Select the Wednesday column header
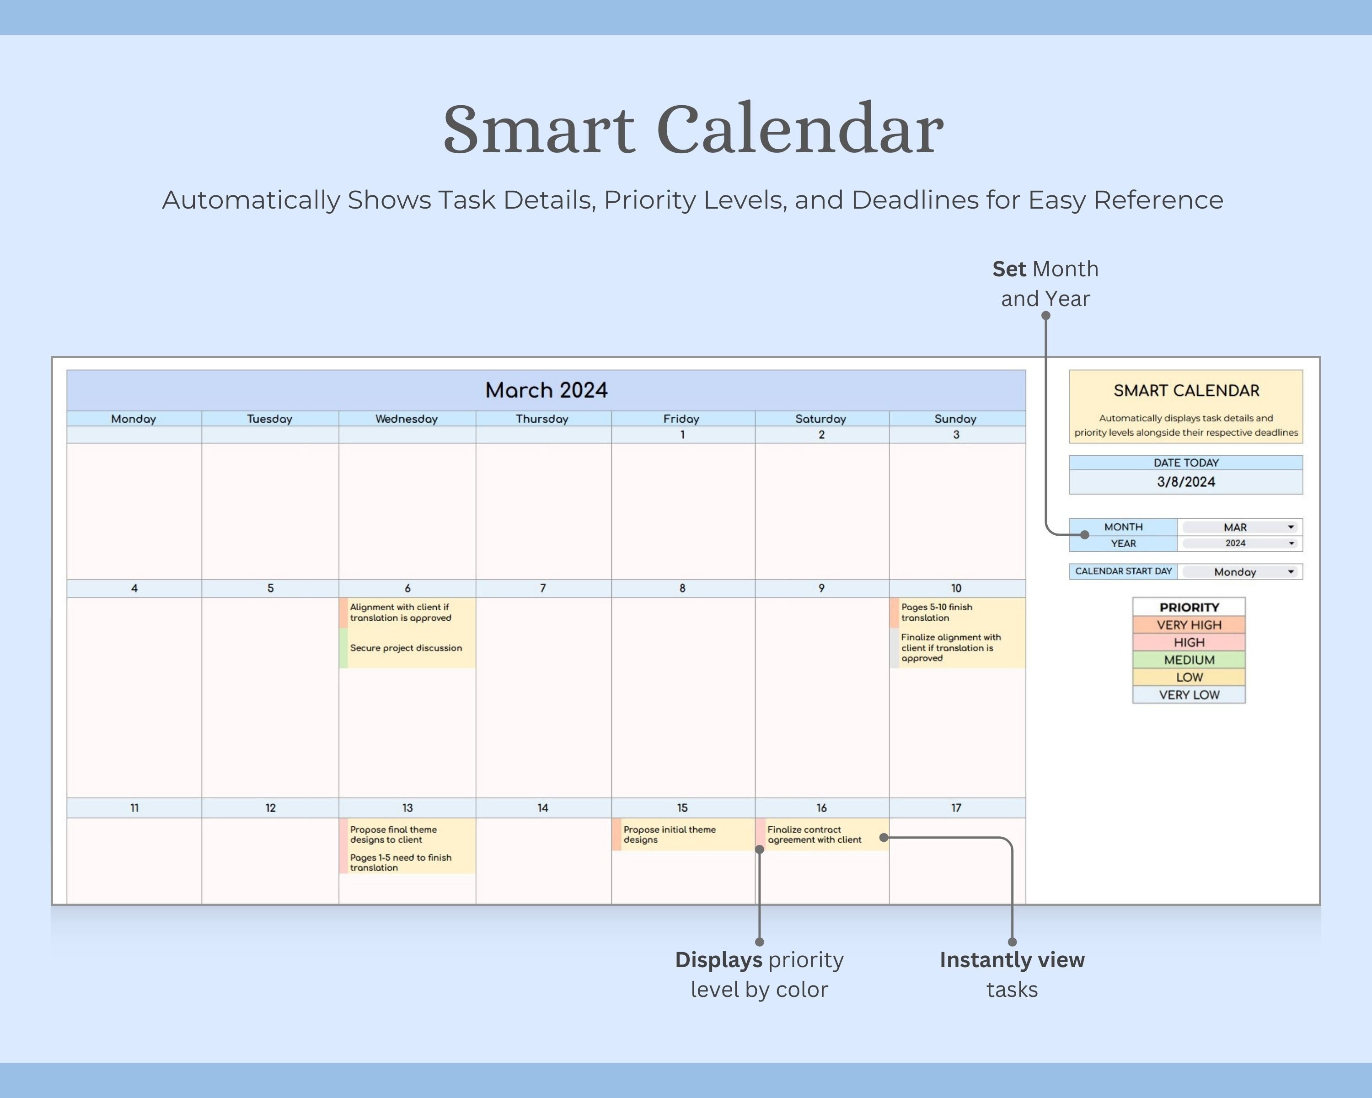(x=407, y=419)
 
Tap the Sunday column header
(x=955, y=419)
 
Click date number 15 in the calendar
(x=682, y=808)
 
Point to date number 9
(x=821, y=588)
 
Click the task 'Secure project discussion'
(x=406, y=648)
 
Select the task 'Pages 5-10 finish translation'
(x=936, y=612)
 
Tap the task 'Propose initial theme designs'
(x=670, y=834)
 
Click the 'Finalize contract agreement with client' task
(x=814, y=834)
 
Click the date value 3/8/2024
(x=1185, y=482)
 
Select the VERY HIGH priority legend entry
(x=1189, y=625)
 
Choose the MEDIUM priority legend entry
(x=1189, y=660)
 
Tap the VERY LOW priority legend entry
(x=1189, y=695)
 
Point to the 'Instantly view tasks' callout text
(x=1012, y=974)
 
